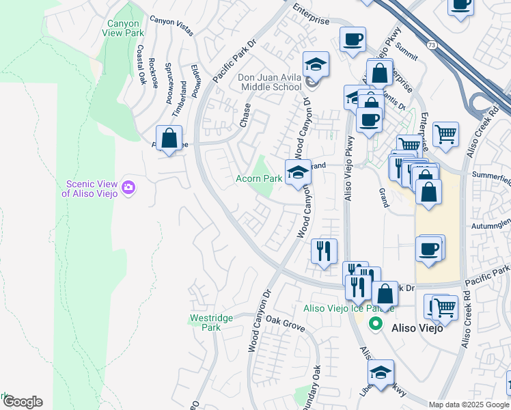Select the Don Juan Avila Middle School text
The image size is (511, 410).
270,82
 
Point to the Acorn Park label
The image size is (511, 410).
259,178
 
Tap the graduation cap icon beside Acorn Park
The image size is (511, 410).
298,173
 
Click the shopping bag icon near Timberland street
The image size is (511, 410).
169,139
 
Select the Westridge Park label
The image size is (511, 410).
211,323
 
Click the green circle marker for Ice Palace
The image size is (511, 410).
374,324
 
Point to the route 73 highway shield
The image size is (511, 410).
431,44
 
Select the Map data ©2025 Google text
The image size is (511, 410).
469,405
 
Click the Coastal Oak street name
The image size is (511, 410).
141,65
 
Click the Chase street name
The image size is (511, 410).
245,115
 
